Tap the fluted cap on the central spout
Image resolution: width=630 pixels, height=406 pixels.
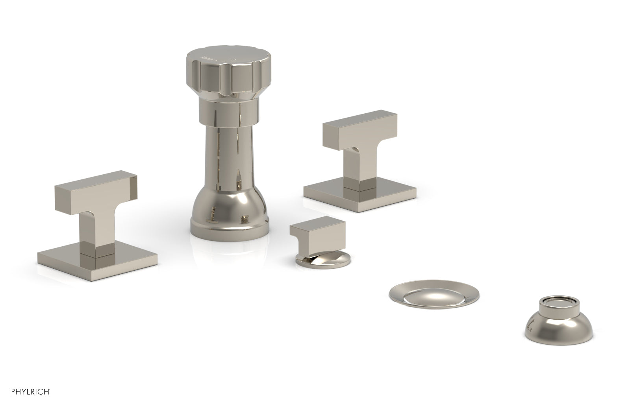tap(222, 77)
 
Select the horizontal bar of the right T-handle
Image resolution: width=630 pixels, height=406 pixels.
tap(359, 127)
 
